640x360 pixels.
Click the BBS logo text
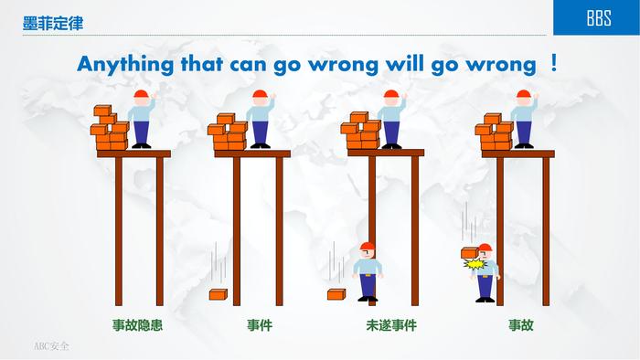[x=599, y=18]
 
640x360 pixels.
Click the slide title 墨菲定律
[x=53, y=23]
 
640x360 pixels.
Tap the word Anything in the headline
[x=125, y=65]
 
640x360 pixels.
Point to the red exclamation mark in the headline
[x=553, y=63]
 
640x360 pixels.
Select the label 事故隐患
[x=137, y=325]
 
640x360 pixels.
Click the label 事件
[x=260, y=325]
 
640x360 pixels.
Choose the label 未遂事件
[x=391, y=325]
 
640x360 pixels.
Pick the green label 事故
[x=521, y=325]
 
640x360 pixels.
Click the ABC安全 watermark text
[x=51, y=346]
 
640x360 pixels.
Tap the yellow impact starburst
[x=475, y=264]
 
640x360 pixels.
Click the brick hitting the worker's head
[x=470, y=253]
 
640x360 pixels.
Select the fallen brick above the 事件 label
[x=218, y=294]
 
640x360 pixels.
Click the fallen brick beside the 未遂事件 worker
[x=336, y=294]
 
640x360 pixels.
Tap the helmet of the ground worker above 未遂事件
[x=368, y=246]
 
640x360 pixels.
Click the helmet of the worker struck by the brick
[x=485, y=248]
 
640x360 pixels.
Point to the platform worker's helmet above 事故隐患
[x=141, y=94]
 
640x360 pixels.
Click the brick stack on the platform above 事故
[x=494, y=132]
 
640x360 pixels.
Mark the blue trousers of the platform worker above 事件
[x=260, y=132]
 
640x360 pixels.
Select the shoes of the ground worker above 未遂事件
[x=368, y=299]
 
